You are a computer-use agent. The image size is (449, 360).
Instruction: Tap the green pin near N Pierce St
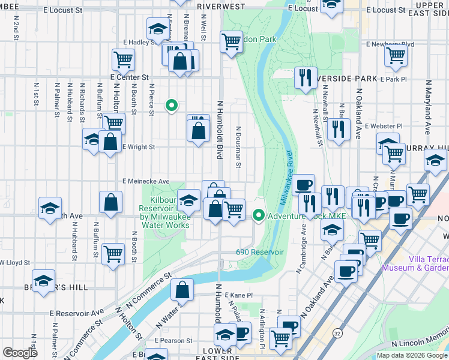point(172,107)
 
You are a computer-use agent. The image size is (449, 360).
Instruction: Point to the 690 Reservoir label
point(259,252)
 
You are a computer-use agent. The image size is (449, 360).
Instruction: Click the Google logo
point(20,353)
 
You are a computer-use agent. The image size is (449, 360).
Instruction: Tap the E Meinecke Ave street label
point(146,181)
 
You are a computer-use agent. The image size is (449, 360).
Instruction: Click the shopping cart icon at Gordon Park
point(231,42)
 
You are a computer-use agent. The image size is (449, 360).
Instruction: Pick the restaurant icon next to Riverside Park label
point(306,77)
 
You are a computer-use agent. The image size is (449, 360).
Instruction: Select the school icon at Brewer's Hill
point(43,280)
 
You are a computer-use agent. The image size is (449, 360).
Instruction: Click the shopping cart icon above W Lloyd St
point(113,254)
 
